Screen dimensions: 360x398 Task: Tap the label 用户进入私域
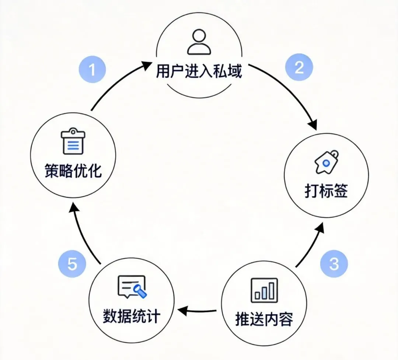pos(199,71)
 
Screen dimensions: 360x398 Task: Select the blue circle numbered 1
pos(92,69)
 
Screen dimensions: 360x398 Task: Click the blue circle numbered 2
pos(299,67)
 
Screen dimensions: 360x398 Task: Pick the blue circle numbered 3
pos(334,264)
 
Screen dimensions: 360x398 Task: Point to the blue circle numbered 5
pos(72,265)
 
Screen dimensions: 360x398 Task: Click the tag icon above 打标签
pos(326,162)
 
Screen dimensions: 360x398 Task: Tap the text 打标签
pos(326,191)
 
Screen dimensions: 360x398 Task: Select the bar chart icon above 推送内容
pos(264,289)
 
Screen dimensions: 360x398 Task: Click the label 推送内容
pos(264,319)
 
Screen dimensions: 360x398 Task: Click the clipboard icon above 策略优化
pos(73,142)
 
